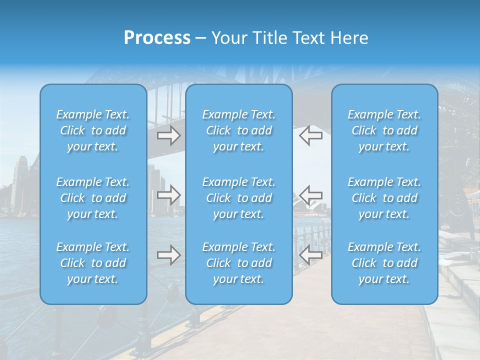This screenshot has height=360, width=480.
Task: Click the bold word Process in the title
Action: point(157,38)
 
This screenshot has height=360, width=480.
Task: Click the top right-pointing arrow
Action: point(168,135)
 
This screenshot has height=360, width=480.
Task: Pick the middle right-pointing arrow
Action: point(168,195)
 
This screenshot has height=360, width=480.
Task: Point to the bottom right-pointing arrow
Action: point(168,255)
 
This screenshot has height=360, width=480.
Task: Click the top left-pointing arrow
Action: point(311,135)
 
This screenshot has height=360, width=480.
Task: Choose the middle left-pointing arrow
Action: point(311,195)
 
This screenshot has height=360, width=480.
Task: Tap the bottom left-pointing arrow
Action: point(311,255)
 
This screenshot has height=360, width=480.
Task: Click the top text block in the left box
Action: point(93,130)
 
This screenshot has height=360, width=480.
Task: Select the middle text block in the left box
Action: point(93,198)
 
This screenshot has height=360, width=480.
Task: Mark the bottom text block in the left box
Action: point(93,263)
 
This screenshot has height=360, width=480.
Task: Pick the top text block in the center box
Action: point(238,130)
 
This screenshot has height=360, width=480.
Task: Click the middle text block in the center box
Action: point(238,198)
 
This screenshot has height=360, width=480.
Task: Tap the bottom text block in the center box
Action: point(238,263)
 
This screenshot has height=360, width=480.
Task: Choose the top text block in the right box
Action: point(384,130)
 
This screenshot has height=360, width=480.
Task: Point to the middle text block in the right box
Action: point(384,198)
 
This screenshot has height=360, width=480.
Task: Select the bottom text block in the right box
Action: point(384,263)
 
